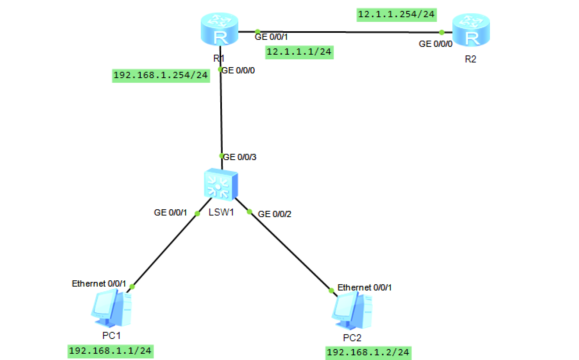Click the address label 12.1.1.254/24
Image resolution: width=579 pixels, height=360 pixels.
[396, 14]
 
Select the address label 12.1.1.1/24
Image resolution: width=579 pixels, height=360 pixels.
[299, 52]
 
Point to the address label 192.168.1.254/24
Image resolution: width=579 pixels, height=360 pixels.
[161, 75]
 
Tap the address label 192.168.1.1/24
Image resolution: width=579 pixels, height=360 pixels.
[110, 351]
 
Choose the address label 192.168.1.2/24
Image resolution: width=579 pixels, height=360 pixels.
[368, 353]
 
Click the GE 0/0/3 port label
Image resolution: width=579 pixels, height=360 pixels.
[240, 157]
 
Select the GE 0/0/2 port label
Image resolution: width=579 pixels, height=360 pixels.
[275, 214]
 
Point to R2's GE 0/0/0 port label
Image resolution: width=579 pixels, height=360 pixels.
[435, 44]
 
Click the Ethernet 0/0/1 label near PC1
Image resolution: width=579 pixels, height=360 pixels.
[99, 283]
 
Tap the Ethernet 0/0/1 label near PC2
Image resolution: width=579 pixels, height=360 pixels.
[365, 287]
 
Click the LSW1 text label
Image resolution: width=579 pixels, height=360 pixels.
[221, 212]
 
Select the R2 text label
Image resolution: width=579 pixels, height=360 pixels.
[470, 59]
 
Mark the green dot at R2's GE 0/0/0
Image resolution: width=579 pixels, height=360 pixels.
[441, 32]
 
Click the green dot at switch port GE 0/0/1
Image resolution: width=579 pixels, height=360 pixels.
[197, 213]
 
